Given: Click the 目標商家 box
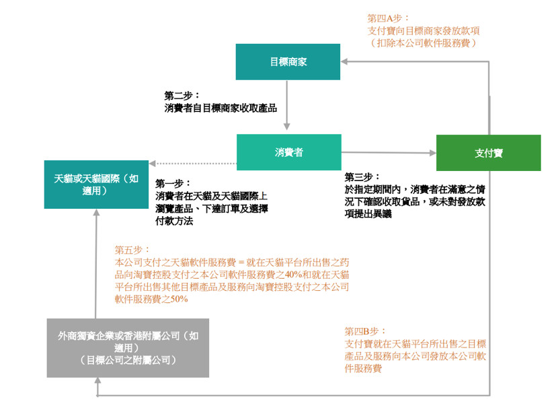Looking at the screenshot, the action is [288, 62].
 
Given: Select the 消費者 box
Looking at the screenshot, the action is [289, 152].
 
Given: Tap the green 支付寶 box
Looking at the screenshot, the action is [489, 153].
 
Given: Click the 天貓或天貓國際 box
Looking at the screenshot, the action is [96, 185].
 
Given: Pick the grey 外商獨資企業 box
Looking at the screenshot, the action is [128, 348].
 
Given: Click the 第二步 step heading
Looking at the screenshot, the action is [182, 96].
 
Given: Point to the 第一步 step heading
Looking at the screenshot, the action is [173, 184].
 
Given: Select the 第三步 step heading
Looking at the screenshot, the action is [362, 177].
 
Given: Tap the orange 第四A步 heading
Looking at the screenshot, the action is [389, 18].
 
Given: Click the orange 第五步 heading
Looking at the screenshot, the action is [132, 250].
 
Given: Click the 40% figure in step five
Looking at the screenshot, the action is [294, 275].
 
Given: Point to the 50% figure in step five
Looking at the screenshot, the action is [179, 299].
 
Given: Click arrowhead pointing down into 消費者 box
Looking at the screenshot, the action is [287, 127].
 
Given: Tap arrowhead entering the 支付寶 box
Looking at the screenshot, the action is [433, 153].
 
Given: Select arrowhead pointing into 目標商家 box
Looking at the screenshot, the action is [344, 61].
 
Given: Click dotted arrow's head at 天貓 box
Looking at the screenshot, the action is [153, 163].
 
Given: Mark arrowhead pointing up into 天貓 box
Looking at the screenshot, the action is [96, 213].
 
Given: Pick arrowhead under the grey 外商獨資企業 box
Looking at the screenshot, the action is [97, 380].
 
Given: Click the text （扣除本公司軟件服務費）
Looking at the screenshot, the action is [423, 43].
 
